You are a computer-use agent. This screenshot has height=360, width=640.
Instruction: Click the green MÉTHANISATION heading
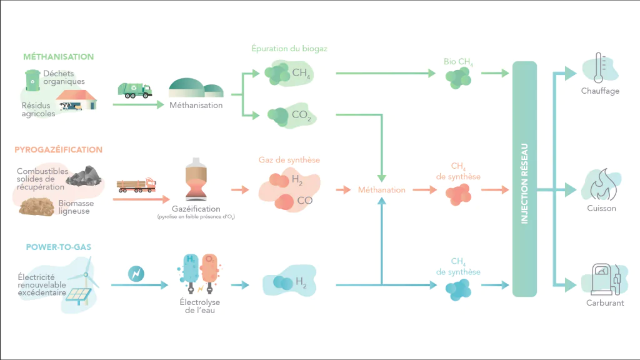pos(58,57)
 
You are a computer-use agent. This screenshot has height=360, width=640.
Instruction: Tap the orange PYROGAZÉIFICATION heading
pos(58,150)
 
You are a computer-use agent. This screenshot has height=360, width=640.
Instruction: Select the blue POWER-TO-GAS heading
pos(58,247)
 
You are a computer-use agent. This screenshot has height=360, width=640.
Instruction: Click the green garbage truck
pos(135,90)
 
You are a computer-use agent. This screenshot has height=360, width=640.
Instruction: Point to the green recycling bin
pos(32,81)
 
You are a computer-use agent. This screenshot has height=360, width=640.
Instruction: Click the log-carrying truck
pos(136,185)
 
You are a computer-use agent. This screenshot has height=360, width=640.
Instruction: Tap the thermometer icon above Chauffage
pos(599,67)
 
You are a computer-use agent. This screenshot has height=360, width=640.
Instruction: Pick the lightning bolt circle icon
pos(136,274)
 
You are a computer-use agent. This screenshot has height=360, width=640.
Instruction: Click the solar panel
pos(79,296)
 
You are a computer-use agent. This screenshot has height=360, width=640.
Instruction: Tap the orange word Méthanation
pos(382,190)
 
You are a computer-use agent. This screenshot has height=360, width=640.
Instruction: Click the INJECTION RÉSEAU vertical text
pos(524,184)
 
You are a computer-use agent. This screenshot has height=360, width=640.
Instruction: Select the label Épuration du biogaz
pos(289,49)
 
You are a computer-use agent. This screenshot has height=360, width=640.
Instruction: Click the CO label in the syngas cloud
pos(304,201)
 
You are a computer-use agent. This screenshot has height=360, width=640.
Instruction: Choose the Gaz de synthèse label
pos(289,160)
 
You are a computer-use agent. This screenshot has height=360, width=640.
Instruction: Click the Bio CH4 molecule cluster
pos(458,78)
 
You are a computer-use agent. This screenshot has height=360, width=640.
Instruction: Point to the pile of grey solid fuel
pos(84,176)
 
